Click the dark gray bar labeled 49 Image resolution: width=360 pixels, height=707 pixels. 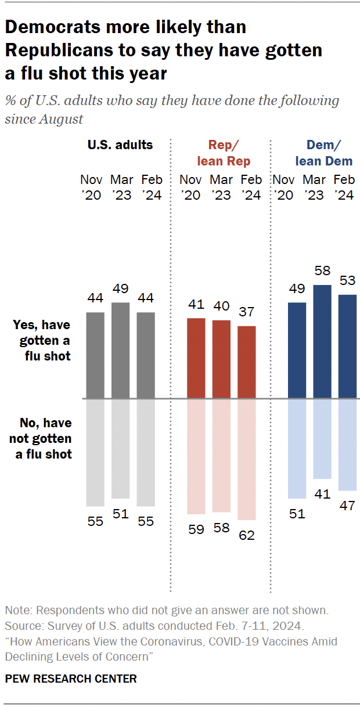(120, 350)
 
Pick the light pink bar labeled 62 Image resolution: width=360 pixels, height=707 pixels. (247, 459)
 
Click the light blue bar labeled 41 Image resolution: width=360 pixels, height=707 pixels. (322, 439)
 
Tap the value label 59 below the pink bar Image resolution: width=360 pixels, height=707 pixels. (196, 529)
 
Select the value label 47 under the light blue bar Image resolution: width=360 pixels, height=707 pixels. (347, 506)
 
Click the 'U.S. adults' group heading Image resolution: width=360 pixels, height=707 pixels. (120, 145)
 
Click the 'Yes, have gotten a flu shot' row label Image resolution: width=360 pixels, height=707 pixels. (42, 341)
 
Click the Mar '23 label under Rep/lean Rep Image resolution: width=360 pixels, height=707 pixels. (221, 187)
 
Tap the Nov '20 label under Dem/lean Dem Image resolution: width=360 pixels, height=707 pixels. (285, 187)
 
